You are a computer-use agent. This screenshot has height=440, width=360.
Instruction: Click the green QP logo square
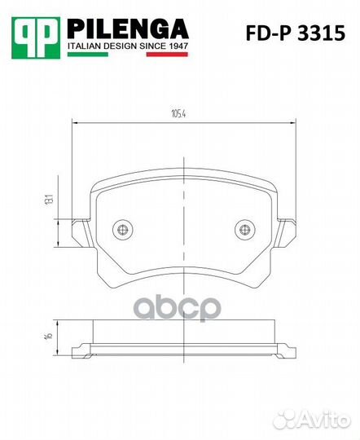click(x=36, y=37)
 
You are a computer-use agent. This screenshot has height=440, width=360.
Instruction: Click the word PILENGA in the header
click(x=128, y=29)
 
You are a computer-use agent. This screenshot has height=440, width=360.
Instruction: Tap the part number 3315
click(x=321, y=33)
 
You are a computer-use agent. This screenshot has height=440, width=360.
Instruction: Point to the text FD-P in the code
click(x=270, y=33)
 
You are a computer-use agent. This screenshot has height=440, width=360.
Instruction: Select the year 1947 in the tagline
click(x=178, y=46)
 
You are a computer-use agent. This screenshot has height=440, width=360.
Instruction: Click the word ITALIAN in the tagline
click(x=84, y=46)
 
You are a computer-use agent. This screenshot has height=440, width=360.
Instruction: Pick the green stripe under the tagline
click(x=88, y=54)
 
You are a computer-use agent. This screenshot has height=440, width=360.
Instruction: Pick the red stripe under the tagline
click(x=167, y=54)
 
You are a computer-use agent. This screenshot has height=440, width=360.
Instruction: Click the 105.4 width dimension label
click(x=178, y=114)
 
